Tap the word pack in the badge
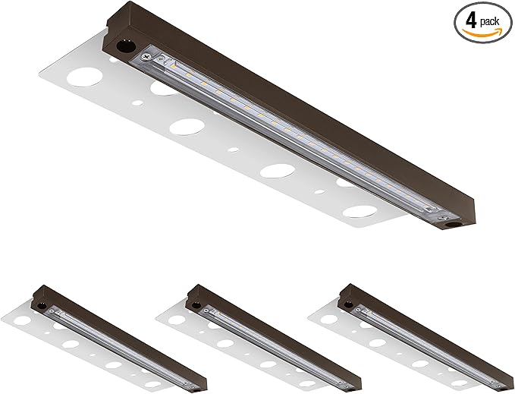pyautogui.click(x=490, y=22)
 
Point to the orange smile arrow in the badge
pyautogui.click(x=482, y=31)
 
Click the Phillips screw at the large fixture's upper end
pyautogui.click(x=145, y=58)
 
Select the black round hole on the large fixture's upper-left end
pyautogui.click(x=124, y=46)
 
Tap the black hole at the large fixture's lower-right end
pyautogui.click(x=453, y=225)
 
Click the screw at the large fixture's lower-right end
pyautogui.click(x=444, y=217)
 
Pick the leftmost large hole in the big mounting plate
pyautogui.click(x=84, y=77)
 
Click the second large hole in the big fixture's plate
pyautogui.click(x=187, y=127)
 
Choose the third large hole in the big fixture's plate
pyautogui.click(x=278, y=170)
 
